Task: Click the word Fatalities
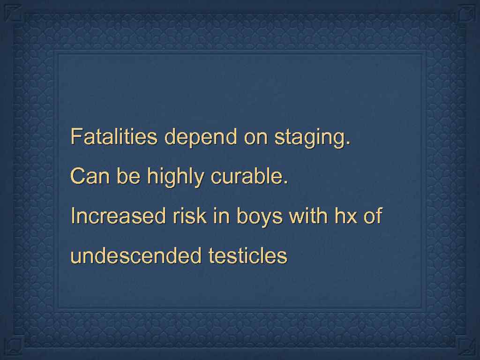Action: coord(113,137)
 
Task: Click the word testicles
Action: coord(247,256)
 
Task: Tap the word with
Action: coord(308,217)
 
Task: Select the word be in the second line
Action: coord(128,177)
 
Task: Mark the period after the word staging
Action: coord(347,143)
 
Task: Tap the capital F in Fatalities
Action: coord(75,137)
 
